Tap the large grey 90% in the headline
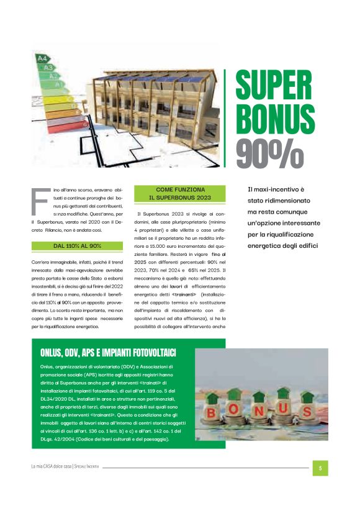(x=269, y=150)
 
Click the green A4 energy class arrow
(x=43, y=58)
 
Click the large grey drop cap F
(x=38, y=201)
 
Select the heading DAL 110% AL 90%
(x=77, y=246)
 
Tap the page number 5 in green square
(x=320, y=468)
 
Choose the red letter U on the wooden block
(x=284, y=409)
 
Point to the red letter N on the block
(x=259, y=411)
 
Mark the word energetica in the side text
(x=268, y=247)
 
